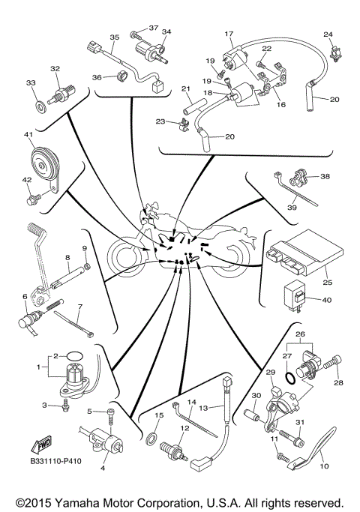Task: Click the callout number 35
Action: click(115, 37)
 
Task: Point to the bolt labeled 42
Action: click(34, 200)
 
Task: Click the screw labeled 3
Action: click(66, 406)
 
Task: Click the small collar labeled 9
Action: click(86, 265)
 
